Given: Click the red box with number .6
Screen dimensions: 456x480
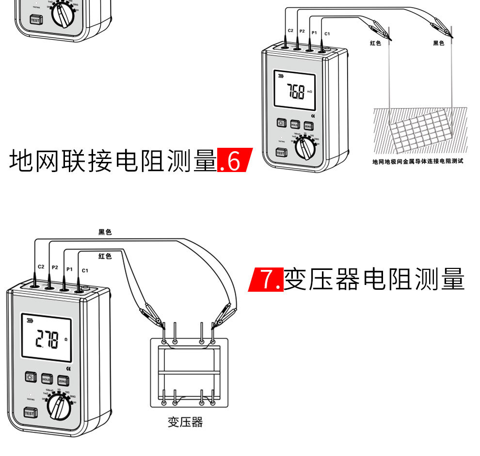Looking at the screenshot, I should tap(234, 161).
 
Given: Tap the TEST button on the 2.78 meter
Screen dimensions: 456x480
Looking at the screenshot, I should tap(30, 413).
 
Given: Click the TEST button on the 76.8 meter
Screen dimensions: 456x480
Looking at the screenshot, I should tap(280, 153).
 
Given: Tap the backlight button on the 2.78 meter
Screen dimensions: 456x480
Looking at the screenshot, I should tap(31, 379).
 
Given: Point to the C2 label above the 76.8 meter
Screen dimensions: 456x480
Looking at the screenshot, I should tap(290, 31).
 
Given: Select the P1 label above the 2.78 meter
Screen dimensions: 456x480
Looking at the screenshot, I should tap(69, 268).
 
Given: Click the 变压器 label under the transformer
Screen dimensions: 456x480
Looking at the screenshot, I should tap(185, 422).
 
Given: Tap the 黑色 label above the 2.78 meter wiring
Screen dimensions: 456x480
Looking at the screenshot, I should tap(105, 232).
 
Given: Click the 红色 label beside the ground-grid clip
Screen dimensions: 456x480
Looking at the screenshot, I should tap(375, 43).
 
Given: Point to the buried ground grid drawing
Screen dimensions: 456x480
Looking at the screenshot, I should tap(419, 129).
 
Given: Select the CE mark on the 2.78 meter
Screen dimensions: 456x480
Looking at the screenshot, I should tap(68, 369).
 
